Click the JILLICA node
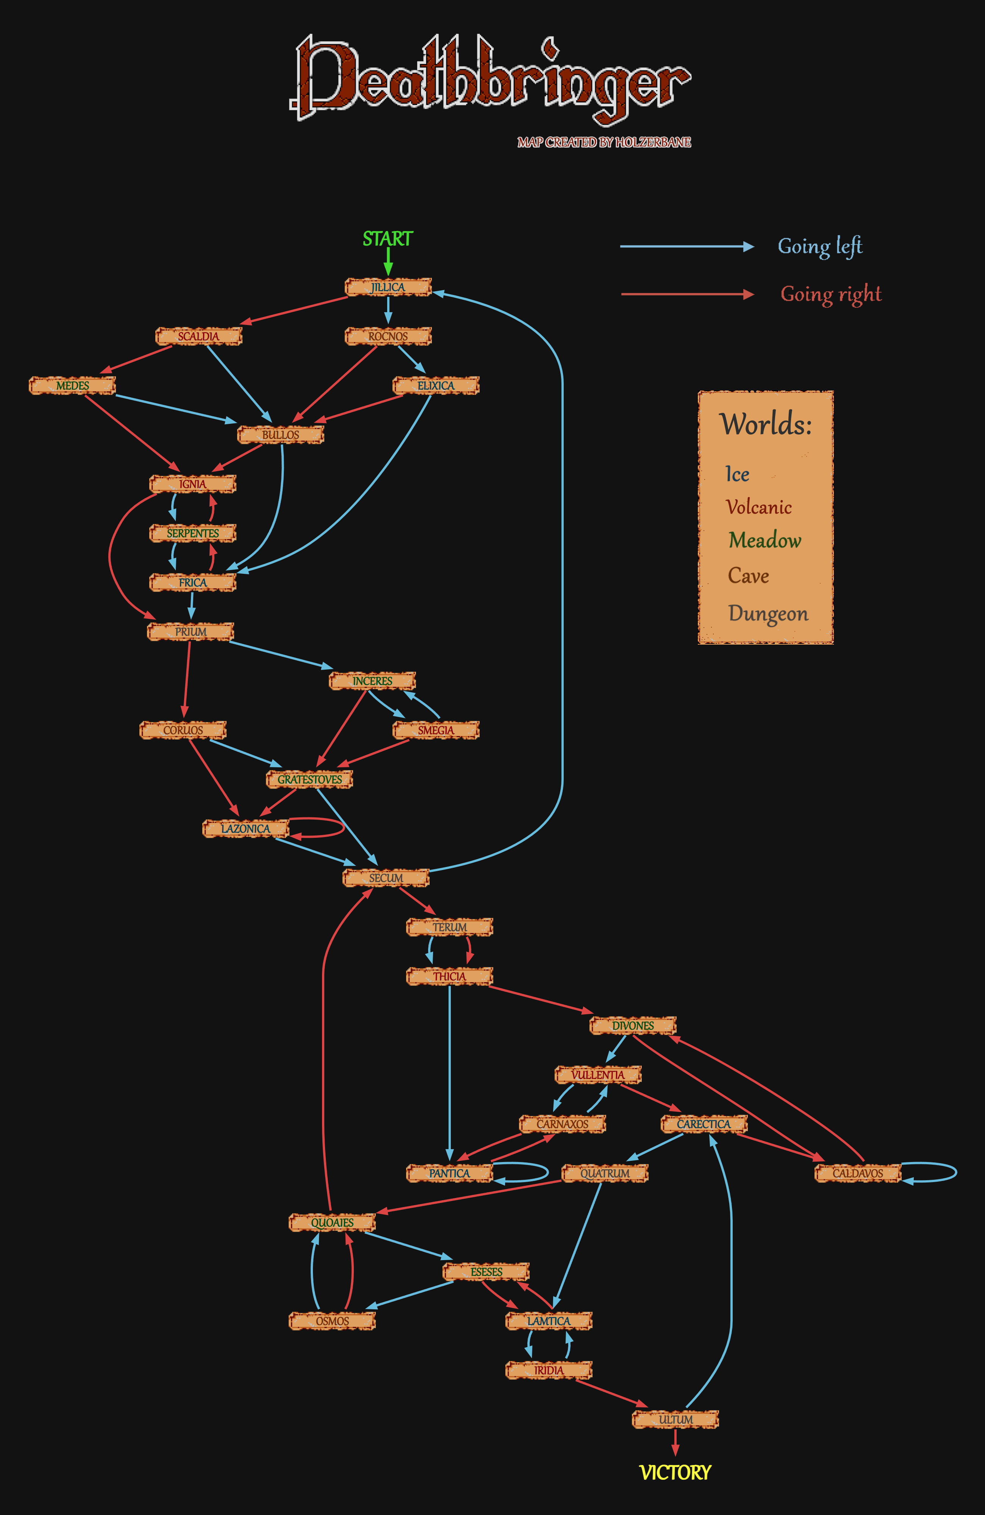click(388, 287)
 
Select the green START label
click(388, 239)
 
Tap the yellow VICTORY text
click(675, 1472)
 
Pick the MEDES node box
click(73, 386)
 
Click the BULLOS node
click(281, 435)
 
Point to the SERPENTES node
click(193, 533)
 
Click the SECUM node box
click(386, 878)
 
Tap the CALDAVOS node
click(858, 1173)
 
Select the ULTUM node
click(675, 1420)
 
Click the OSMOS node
click(332, 1321)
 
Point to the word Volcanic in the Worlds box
click(758, 507)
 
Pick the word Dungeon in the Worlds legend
click(768, 614)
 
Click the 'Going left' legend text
click(819, 246)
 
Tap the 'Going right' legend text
click(831, 294)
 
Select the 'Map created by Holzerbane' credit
click(604, 142)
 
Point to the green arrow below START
click(388, 261)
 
